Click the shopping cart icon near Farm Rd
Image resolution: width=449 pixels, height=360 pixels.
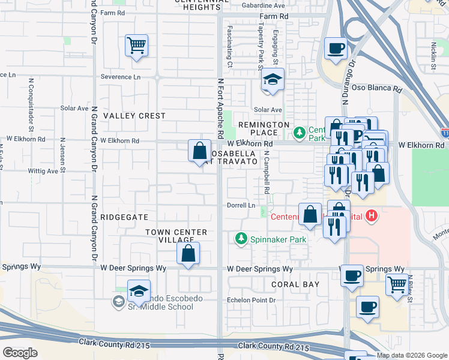tap(137, 46)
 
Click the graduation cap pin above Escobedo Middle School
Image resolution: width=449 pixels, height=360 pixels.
tap(139, 292)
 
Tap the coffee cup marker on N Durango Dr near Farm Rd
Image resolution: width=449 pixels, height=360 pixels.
tap(336, 48)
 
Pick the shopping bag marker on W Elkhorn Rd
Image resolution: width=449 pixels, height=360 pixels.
tap(199, 151)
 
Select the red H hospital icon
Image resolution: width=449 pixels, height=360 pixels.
tap(372, 216)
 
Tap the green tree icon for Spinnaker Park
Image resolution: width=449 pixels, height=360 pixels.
tap(241, 239)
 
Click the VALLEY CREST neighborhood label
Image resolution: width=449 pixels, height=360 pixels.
tap(134, 116)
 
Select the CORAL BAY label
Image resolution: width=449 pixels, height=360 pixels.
tap(295, 284)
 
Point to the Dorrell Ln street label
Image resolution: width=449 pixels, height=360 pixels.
tap(242, 205)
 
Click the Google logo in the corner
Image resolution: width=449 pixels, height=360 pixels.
tap(20, 353)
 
